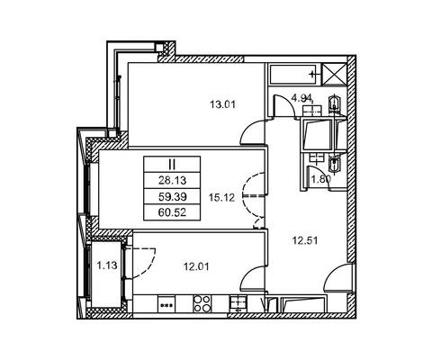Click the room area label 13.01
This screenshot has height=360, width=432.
click(x=223, y=104)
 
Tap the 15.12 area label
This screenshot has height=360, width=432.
click(x=221, y=198)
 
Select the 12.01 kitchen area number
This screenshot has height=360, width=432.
click(x=196, y=266)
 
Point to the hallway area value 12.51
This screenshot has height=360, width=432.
click(x=305, y=240)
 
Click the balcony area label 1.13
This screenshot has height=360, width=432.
click(x=107, y=265)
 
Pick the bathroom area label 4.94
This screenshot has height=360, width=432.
click(x=302, y=98)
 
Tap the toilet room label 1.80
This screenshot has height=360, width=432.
click(x=320, y=179)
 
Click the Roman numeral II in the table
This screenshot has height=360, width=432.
click(x=172, y=165)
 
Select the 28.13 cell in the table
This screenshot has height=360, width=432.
click(x=173, y=181)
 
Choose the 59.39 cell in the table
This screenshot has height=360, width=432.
click(x=173, y=197)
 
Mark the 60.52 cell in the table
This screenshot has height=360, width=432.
click(x=173, y=212)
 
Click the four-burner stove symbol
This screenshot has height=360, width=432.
click(x=202, y=304)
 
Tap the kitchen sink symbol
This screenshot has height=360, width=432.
click(x=238, y=304)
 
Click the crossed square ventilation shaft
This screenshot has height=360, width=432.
click(x=334, y=75)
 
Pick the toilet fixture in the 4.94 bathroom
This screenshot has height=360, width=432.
click(x=334, y=103)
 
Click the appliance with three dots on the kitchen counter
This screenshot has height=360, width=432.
click(x=166, y=305)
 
